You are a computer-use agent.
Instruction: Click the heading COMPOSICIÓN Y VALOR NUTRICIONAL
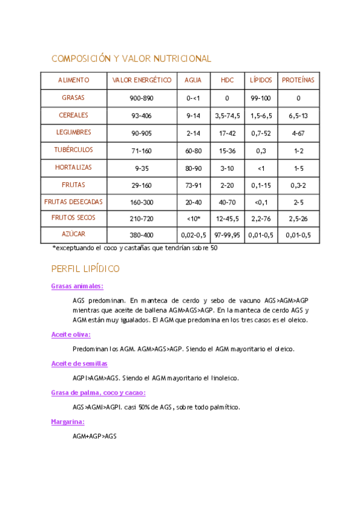tap(132, 59)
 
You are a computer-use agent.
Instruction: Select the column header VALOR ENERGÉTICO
tap(142, 80)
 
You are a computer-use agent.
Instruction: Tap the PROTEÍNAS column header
tap(298, 80)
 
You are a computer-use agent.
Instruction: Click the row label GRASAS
tap(73, 97)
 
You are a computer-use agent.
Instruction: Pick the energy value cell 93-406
tap(142, 115)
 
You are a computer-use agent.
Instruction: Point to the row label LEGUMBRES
tap(73, 132)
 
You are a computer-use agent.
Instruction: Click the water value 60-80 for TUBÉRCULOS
tap(193, 150)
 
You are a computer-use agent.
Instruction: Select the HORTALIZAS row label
tap(73, 167)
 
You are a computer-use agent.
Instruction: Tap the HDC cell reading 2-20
tap(227, 185)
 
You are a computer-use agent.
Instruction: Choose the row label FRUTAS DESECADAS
tap(73, 202)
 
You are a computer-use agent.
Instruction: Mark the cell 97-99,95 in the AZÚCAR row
tap(227, 235)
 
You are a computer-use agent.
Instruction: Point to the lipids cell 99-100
tap(261, 97)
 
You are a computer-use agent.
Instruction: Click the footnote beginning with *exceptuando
tap(135, 248)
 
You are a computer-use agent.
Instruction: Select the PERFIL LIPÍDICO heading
tap(85, 268)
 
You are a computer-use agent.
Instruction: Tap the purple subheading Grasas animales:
tap(77, 287)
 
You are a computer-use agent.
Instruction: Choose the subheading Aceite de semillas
tap(79, 364)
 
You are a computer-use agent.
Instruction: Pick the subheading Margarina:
tap(67, 422)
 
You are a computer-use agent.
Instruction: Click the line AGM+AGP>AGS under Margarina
tap(94, 436)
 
